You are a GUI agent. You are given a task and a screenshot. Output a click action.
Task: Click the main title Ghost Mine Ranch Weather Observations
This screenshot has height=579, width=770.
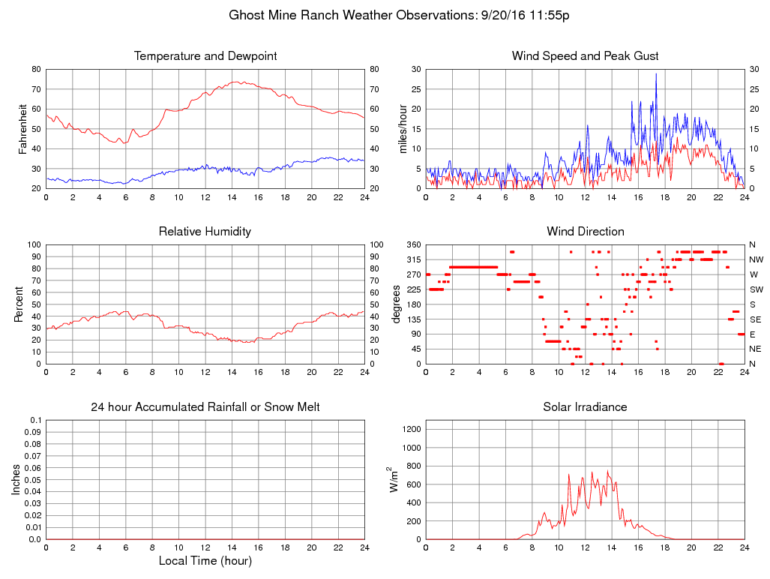coord(398,15)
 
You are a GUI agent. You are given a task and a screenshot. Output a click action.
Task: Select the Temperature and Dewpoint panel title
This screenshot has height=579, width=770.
coord(205,56)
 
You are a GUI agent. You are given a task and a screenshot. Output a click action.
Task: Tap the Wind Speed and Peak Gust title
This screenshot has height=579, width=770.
coord(585,56)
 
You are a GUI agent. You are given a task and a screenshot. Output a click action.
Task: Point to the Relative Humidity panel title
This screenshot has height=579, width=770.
coord(205,232)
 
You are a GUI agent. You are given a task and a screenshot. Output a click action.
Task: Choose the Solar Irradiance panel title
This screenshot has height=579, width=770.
coord(585,407)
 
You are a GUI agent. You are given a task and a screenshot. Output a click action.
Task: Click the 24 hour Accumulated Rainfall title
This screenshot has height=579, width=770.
coord(205,407)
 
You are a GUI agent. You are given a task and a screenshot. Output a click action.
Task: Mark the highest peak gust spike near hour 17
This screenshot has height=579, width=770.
coord(656,73)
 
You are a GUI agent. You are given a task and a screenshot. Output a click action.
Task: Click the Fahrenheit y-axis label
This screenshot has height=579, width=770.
coord(23,129)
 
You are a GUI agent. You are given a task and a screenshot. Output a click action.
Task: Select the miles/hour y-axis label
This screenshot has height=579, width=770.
coord(404,129)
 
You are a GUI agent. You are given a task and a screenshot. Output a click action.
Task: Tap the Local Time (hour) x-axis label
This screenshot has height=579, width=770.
coord(205,560)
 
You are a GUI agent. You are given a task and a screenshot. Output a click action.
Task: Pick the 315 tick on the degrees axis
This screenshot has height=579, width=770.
coord(413,259)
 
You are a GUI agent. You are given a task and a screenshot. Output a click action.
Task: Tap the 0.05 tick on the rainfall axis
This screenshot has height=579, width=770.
coord(32,480)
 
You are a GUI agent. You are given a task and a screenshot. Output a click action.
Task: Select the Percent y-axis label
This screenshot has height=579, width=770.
coord(18,304)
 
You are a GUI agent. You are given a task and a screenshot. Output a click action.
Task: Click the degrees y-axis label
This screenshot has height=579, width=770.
coord(397,304)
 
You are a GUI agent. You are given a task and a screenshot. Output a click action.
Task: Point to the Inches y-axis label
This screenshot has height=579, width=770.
coord(16,479)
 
